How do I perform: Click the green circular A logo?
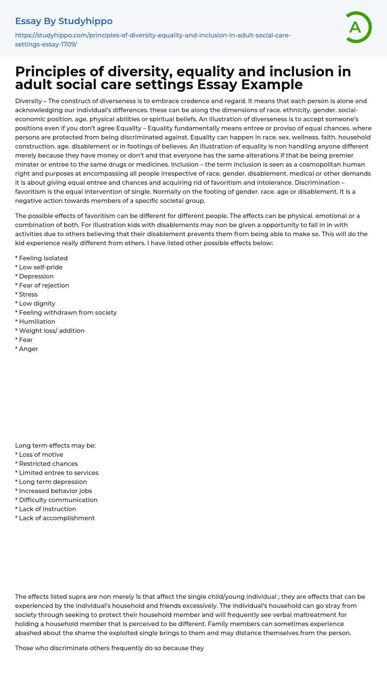(x=356, y=27)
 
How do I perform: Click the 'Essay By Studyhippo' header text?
(x=64, y=21)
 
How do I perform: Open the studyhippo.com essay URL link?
(x=153, y=40)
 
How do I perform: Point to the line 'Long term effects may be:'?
(x=55, y=445)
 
